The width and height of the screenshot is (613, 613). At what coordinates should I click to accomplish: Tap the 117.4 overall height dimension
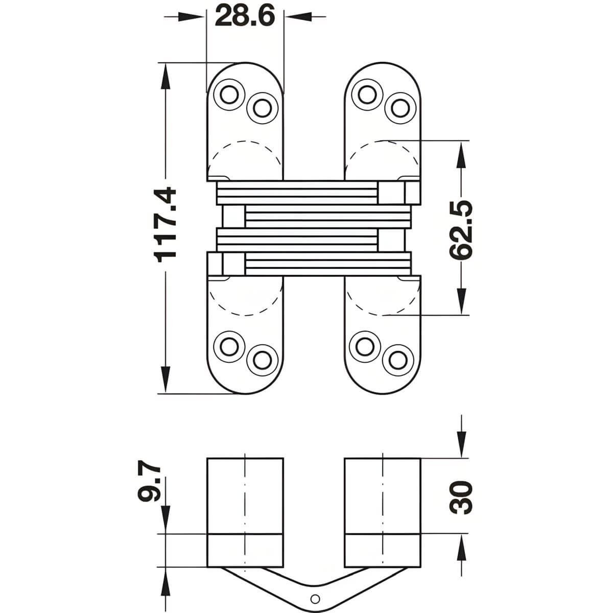pos(165,225)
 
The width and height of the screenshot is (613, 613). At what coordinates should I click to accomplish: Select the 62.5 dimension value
pos(461,230)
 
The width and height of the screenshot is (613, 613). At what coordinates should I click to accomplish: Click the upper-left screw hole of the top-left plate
pos(229,95)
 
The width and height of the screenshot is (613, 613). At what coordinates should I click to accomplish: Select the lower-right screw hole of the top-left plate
pos(262,108)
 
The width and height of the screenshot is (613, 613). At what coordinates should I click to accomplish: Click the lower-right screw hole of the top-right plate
pos(400,108)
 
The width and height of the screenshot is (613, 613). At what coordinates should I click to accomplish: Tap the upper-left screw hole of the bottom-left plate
pos(229,347)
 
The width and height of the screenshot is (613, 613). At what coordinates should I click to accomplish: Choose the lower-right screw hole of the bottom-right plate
pos(398,360)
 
